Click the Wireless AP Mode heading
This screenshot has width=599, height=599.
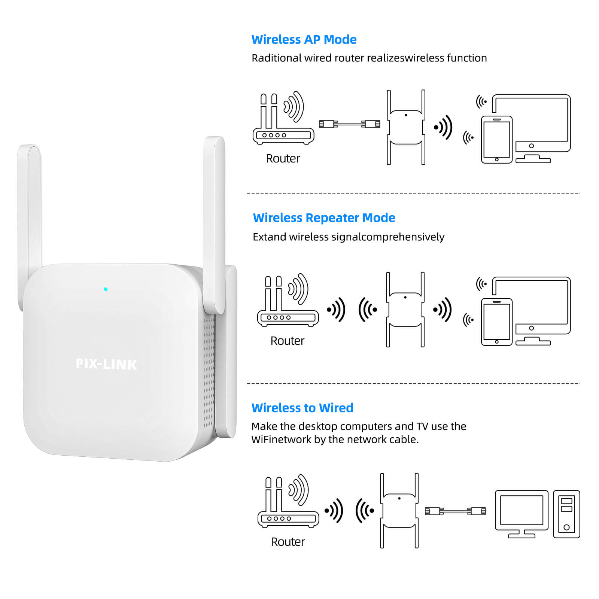click(304, 40)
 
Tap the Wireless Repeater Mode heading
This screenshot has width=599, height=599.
click(324, 218)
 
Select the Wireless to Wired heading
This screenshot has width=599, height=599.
click(302, 408)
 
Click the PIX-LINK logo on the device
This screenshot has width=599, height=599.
click(106, 364)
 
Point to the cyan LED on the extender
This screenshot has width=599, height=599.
click(106, 289)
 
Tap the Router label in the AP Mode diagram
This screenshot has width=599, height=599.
click(283, 158)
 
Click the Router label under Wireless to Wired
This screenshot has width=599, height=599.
click(288, 542)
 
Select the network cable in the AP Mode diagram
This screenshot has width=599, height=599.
click(350, 124)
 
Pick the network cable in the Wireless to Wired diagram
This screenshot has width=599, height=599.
click(456, 511)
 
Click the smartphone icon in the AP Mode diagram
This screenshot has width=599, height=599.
click(497, 140)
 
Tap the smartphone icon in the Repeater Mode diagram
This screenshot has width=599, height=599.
click(497, 322)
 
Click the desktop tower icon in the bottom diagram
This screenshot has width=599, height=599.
click(566, 514)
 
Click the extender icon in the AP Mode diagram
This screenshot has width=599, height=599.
click(406, 127)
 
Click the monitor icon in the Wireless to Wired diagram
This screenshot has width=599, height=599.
click(522, 514)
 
